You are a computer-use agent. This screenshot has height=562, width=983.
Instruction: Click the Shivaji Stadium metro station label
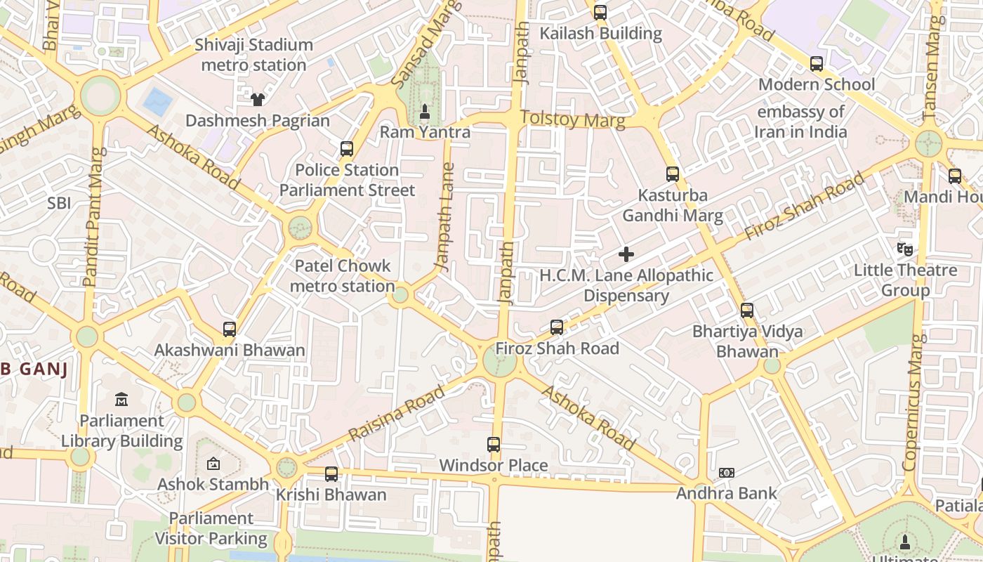(x=253, y=55)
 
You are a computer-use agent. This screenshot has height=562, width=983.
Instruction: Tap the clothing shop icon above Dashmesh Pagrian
(x=258, y=99)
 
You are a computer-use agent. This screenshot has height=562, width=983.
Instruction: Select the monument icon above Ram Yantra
(x=424, y=111)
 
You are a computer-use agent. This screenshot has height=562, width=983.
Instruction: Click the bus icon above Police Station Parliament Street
(x=347, y=149)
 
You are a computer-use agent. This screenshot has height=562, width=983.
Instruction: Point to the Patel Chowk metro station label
(x=342, y=276)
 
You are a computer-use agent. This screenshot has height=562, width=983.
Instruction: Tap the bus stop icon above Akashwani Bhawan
(x=230, y=329)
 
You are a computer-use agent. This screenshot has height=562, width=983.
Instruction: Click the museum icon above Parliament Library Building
(x=121, y=400)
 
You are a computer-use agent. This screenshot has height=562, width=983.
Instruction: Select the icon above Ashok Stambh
(x=213, y=464)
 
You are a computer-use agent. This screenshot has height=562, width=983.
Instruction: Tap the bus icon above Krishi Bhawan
(x=331, y=474)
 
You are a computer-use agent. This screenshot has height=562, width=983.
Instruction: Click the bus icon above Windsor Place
(x=494, y=445)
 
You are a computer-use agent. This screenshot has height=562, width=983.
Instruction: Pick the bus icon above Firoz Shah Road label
(x=557, y=327)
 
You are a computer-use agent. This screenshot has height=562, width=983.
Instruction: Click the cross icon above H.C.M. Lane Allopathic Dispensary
(x=626, y=254)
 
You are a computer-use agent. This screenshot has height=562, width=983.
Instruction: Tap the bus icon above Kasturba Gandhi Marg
(x=673, y=174)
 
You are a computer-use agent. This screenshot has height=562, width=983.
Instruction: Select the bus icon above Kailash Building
(x=600, y=13)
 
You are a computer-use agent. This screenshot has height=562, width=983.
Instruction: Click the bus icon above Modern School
(x=817, y=64)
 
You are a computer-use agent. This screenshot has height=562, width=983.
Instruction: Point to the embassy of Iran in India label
(x=800, y=122)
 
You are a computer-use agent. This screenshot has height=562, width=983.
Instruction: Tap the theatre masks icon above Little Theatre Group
(x=905, y=249)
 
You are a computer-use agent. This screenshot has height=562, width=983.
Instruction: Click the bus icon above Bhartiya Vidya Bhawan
(x=747, y=311)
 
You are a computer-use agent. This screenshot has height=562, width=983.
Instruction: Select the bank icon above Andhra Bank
(x=727, y=473)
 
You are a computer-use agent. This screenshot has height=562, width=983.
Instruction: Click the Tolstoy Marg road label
(x=572, y=119)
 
